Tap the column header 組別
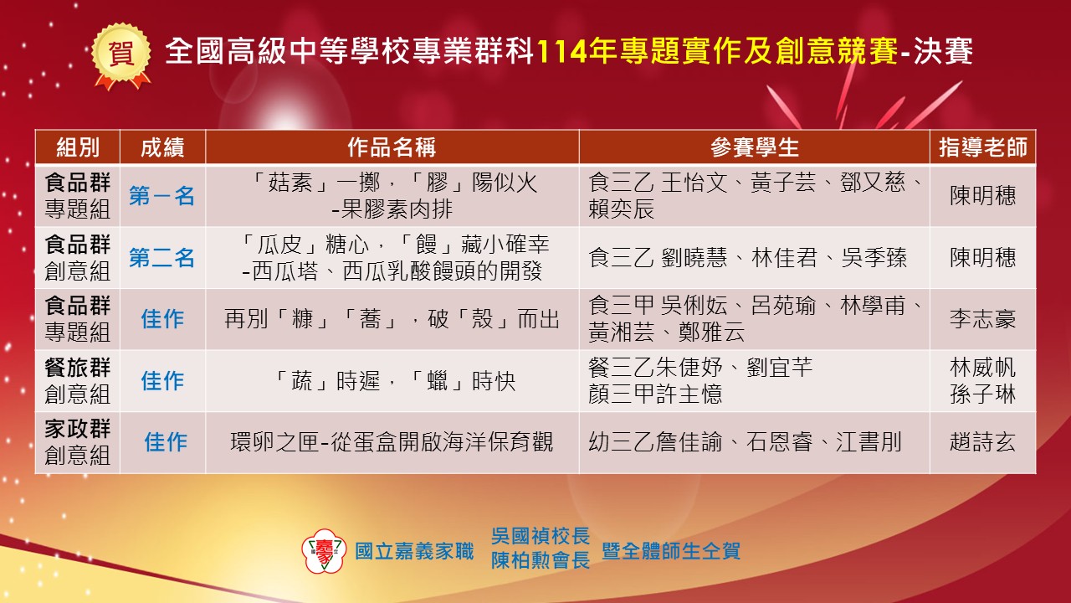tap(78, 147)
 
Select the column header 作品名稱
tap(392, 147)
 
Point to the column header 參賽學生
tap(754, 147)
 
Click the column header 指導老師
tap(982, 147)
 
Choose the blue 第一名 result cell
tap(162, 196)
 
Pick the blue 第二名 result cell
tap(162, 257)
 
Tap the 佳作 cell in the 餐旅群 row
tap(162, 381)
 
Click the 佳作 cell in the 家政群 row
tap(166, 441)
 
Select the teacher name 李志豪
tap(982, 319)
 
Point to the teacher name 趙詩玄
tap(982, 441)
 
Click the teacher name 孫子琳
tap(982, 394)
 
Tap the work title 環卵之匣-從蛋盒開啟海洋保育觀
tap(392, 441)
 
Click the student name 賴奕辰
tap(621, 209)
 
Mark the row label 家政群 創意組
tap(78, 441)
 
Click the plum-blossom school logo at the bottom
tap(324, 550)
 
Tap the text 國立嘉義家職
tap(414, 551)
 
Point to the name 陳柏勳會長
tap(541, 560)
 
